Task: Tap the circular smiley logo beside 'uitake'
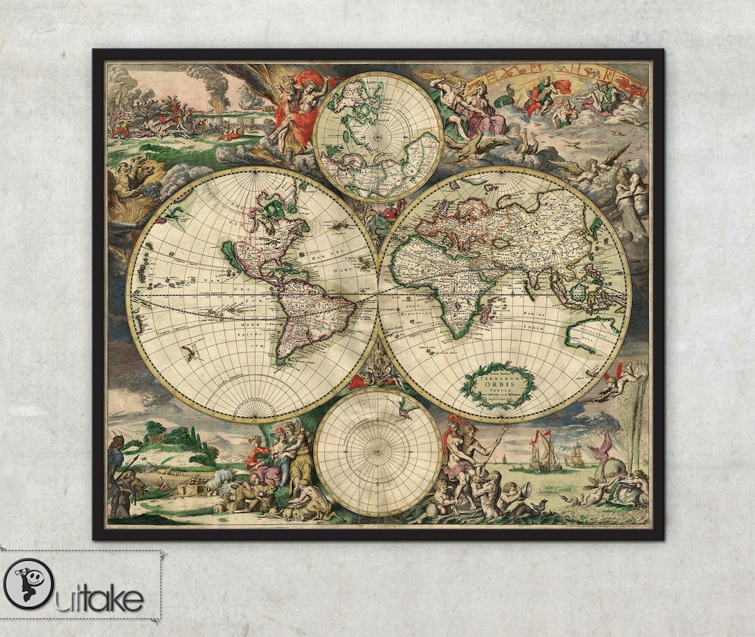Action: (x=29, y=585)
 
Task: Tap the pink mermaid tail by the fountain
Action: (x=602, y=445)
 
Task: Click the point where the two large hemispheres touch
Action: (x=378, y=294)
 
